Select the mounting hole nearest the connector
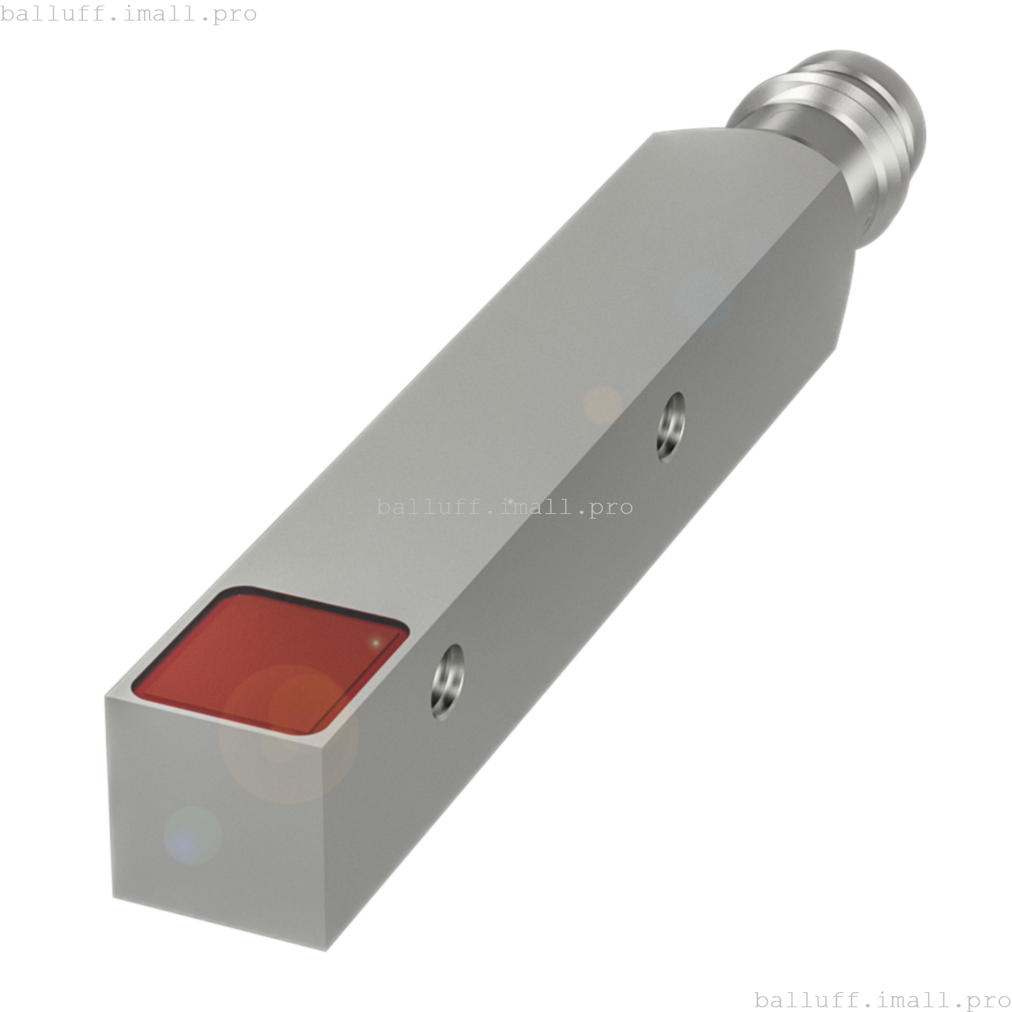coord(671,426)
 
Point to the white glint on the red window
coord(376,642)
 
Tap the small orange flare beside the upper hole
coord(602,404)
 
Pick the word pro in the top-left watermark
coord(236,14)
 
